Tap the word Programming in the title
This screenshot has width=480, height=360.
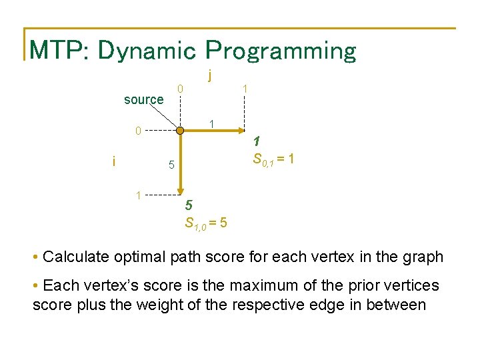(x=281, y=51)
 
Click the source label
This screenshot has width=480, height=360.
(x=144, y=100)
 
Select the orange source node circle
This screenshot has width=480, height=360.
(x=180, y=131)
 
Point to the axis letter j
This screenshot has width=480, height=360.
(x=210, y=75)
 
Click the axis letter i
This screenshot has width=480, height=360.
(x=114, y=161)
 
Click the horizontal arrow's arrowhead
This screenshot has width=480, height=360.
(x=241, y=131)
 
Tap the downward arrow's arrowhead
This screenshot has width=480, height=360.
(x=181, y=191)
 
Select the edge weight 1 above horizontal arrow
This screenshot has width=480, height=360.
(x=211, y=124)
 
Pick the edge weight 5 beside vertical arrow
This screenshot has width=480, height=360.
(x=171, y=165)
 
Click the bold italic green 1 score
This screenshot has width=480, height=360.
(x=257, y=141)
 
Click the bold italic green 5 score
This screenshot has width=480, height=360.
(x=189, y=205)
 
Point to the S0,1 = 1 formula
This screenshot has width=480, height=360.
(x=273, y=159)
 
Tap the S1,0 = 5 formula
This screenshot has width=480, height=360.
(x=206, y=223)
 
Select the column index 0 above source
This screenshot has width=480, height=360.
(x=180, y=89)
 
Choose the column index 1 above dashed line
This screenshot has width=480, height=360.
(x=245, y=89)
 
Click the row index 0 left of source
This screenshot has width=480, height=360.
(x=138, y=131)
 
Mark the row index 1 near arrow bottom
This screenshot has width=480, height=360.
(x=139, y=195)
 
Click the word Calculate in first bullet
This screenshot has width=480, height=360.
(x=76, y=257)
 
